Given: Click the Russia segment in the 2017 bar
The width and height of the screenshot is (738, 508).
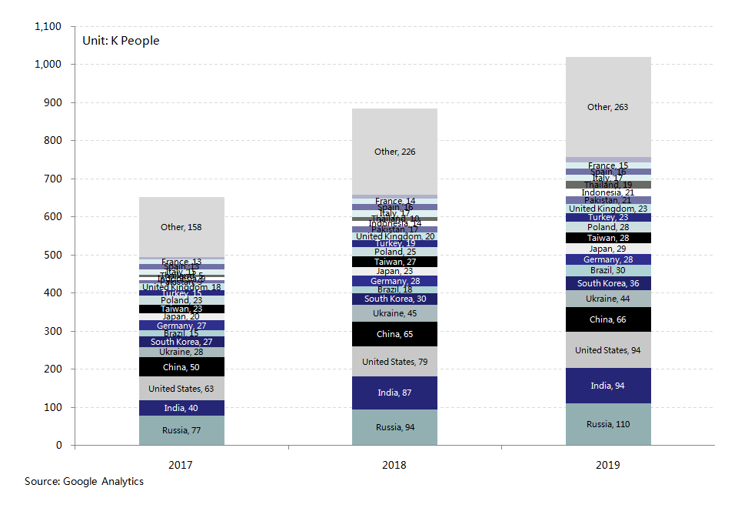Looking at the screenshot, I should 181,430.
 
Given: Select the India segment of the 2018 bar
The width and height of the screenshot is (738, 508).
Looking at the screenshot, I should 394,393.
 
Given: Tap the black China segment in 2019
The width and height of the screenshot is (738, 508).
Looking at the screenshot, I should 608,319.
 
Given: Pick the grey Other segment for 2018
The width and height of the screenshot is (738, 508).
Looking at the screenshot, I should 394,152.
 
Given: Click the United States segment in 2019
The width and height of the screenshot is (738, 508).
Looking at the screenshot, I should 608,350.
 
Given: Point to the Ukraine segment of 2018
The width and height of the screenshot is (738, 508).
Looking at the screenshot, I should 394,313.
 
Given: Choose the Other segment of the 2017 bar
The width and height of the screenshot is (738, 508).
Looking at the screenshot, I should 181,227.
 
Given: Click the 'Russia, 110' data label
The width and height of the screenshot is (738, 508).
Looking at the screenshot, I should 607,424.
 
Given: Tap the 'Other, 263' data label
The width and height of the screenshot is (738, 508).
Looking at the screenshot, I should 607,107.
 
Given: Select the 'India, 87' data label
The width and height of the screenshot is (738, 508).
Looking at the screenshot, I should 394,393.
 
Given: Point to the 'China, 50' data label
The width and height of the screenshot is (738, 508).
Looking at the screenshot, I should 181,367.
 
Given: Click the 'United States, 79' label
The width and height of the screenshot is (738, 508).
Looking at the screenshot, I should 394,362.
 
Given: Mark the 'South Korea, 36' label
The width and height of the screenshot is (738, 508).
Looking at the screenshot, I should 607,284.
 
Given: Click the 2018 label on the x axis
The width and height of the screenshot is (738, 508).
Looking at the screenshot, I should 394,465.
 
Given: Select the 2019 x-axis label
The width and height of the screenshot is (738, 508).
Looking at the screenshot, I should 607,465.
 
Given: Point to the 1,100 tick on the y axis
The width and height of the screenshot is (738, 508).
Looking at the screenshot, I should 48,27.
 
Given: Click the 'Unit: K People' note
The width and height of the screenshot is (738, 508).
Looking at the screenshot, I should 121,41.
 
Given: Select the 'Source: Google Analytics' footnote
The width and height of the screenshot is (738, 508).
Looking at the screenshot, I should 84,481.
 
